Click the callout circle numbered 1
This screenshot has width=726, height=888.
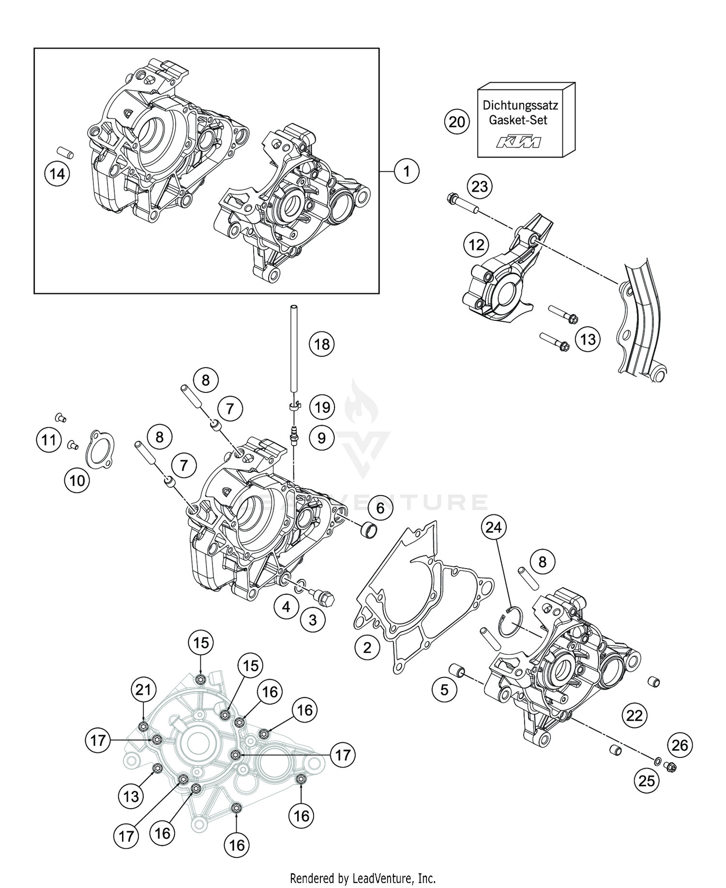click(407, 171)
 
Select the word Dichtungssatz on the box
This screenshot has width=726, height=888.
click(520, 105)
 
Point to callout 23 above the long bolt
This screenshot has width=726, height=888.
click(479, 186)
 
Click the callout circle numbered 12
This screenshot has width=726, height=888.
click(476, 245)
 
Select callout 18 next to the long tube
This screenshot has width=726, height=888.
click(322, 344)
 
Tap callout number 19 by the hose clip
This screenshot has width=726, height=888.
click(322, 407)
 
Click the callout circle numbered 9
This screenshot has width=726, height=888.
click(322, 438)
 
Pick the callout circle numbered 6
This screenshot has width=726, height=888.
click(380, 508)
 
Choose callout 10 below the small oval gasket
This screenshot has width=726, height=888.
click(77, 481)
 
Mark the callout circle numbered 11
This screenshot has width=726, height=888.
click(48, 440)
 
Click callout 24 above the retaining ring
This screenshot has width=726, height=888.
click(493, 527)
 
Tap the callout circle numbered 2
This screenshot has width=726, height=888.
click(367, 647)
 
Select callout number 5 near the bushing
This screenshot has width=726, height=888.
click(444, 690)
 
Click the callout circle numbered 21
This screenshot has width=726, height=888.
click(143, 689)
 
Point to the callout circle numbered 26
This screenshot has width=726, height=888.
click(680, 745)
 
